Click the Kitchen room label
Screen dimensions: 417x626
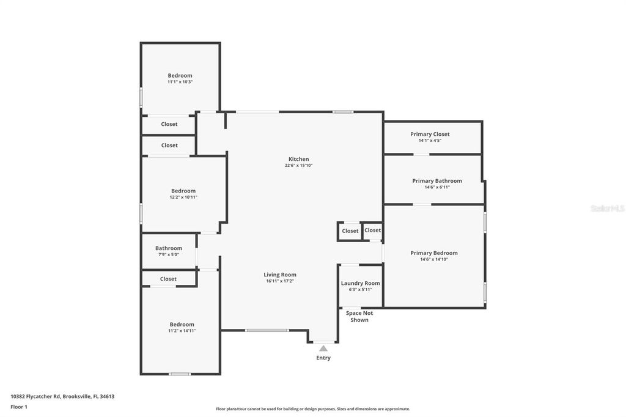[x=299, y=159]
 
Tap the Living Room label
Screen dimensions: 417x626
[x=280, y=275]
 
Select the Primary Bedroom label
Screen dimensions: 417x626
[x=434, y=253]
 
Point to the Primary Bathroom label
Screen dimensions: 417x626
[x=437, y=180]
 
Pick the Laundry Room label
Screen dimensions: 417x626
[x=360, y=283]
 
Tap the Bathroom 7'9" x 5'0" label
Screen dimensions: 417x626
[x=168, y=248]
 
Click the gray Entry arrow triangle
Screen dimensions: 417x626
[x=323, y=348]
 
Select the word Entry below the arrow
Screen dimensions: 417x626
[x=323, y=358]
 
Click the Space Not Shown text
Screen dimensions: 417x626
[x=359, y=316]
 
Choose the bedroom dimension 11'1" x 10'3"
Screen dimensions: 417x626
[x=180, y=82]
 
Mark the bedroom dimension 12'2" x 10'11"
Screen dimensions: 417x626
[x=183, y=197]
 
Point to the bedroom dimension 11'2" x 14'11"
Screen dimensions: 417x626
[x=182, y=331]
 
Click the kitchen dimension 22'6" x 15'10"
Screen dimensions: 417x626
[x=299, y=165]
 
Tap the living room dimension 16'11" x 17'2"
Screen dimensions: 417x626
[x=280, y=281]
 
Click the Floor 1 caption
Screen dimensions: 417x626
[x=19, y=407]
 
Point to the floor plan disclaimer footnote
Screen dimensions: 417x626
[x=313, y=409]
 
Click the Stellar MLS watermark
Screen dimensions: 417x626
[x=607, y=208]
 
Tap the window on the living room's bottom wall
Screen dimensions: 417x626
[x=267, y=330]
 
